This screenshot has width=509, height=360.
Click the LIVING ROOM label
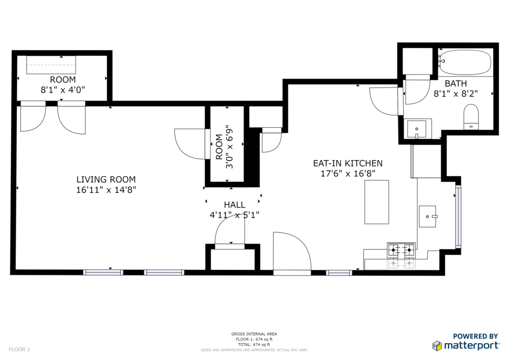[106, 180]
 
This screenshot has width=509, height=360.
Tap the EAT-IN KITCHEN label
[347, 163]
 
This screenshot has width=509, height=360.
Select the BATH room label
[456, 84]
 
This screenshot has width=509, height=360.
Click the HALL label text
[235, 205]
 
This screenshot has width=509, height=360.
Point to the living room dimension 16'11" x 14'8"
[106, 189]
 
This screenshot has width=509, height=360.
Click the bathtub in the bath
[465, 62]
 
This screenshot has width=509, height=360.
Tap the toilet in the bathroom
[471, 117]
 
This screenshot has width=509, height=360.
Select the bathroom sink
[417, 129]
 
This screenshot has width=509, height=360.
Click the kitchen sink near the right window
[427, 216]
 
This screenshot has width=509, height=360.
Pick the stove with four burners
[401, 256]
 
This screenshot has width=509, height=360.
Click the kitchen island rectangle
[377, 202]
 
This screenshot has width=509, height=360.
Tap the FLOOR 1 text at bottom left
[19, 350]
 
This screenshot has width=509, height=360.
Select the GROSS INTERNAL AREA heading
[254, 334]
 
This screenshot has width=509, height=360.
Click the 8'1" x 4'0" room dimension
[63, 90]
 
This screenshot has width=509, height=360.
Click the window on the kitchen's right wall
[458, 216]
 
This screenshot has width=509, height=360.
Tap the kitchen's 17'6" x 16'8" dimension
[347, 174]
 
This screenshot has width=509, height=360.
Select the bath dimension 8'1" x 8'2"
[456, 94]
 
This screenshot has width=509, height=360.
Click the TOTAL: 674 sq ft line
[254, 345]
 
